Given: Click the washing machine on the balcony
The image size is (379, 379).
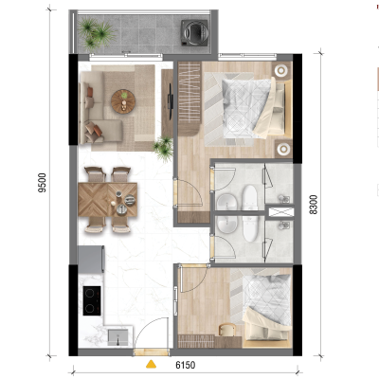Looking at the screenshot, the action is (194, 33).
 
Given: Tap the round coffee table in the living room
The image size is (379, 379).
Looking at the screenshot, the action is (123, 101).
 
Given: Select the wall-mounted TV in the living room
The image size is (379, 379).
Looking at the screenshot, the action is (171, 97).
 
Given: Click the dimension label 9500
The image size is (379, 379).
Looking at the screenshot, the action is (42, 183).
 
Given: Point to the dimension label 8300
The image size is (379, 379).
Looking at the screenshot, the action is (314, 205).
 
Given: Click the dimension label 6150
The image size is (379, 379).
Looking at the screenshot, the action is (186, 365).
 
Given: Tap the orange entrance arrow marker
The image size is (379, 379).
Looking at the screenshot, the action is (151, 364).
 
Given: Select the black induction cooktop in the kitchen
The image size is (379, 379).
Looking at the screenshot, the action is (92, 300).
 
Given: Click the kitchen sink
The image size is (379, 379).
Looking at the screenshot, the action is (117, 337).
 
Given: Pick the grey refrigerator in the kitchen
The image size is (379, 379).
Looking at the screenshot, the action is (91, 260).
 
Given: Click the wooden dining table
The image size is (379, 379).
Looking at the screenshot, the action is (108, 200).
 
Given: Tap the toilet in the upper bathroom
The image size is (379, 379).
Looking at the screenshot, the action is (250, 197).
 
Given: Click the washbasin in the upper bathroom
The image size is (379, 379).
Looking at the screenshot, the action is (226, 202).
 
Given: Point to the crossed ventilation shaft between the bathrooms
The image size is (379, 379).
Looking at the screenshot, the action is (281, 212).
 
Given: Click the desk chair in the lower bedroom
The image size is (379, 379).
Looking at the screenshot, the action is (226, 330).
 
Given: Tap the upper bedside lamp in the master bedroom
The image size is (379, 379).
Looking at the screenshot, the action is (280, 70).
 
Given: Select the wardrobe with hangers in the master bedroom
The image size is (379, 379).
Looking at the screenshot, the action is (189, 99).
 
